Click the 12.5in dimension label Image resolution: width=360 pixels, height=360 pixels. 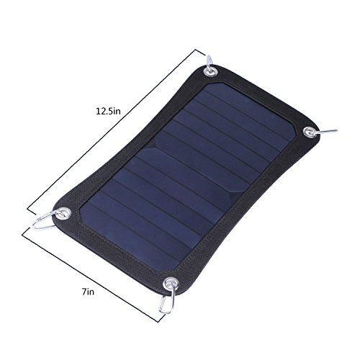(108, 112)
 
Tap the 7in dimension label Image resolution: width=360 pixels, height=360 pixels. (88, 292)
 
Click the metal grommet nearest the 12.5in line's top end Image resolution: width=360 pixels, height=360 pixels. (211, 71)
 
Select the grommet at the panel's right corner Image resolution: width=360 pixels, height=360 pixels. (310, 132)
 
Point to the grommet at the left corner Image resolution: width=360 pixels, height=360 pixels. (64, 213)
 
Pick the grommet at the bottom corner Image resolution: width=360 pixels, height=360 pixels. (171, 284)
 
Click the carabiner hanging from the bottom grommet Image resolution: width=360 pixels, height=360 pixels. (168, 300)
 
